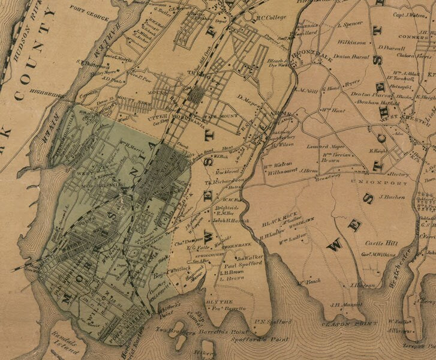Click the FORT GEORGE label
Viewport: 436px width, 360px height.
[85, 10]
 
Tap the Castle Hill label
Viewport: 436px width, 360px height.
[378, 244]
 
